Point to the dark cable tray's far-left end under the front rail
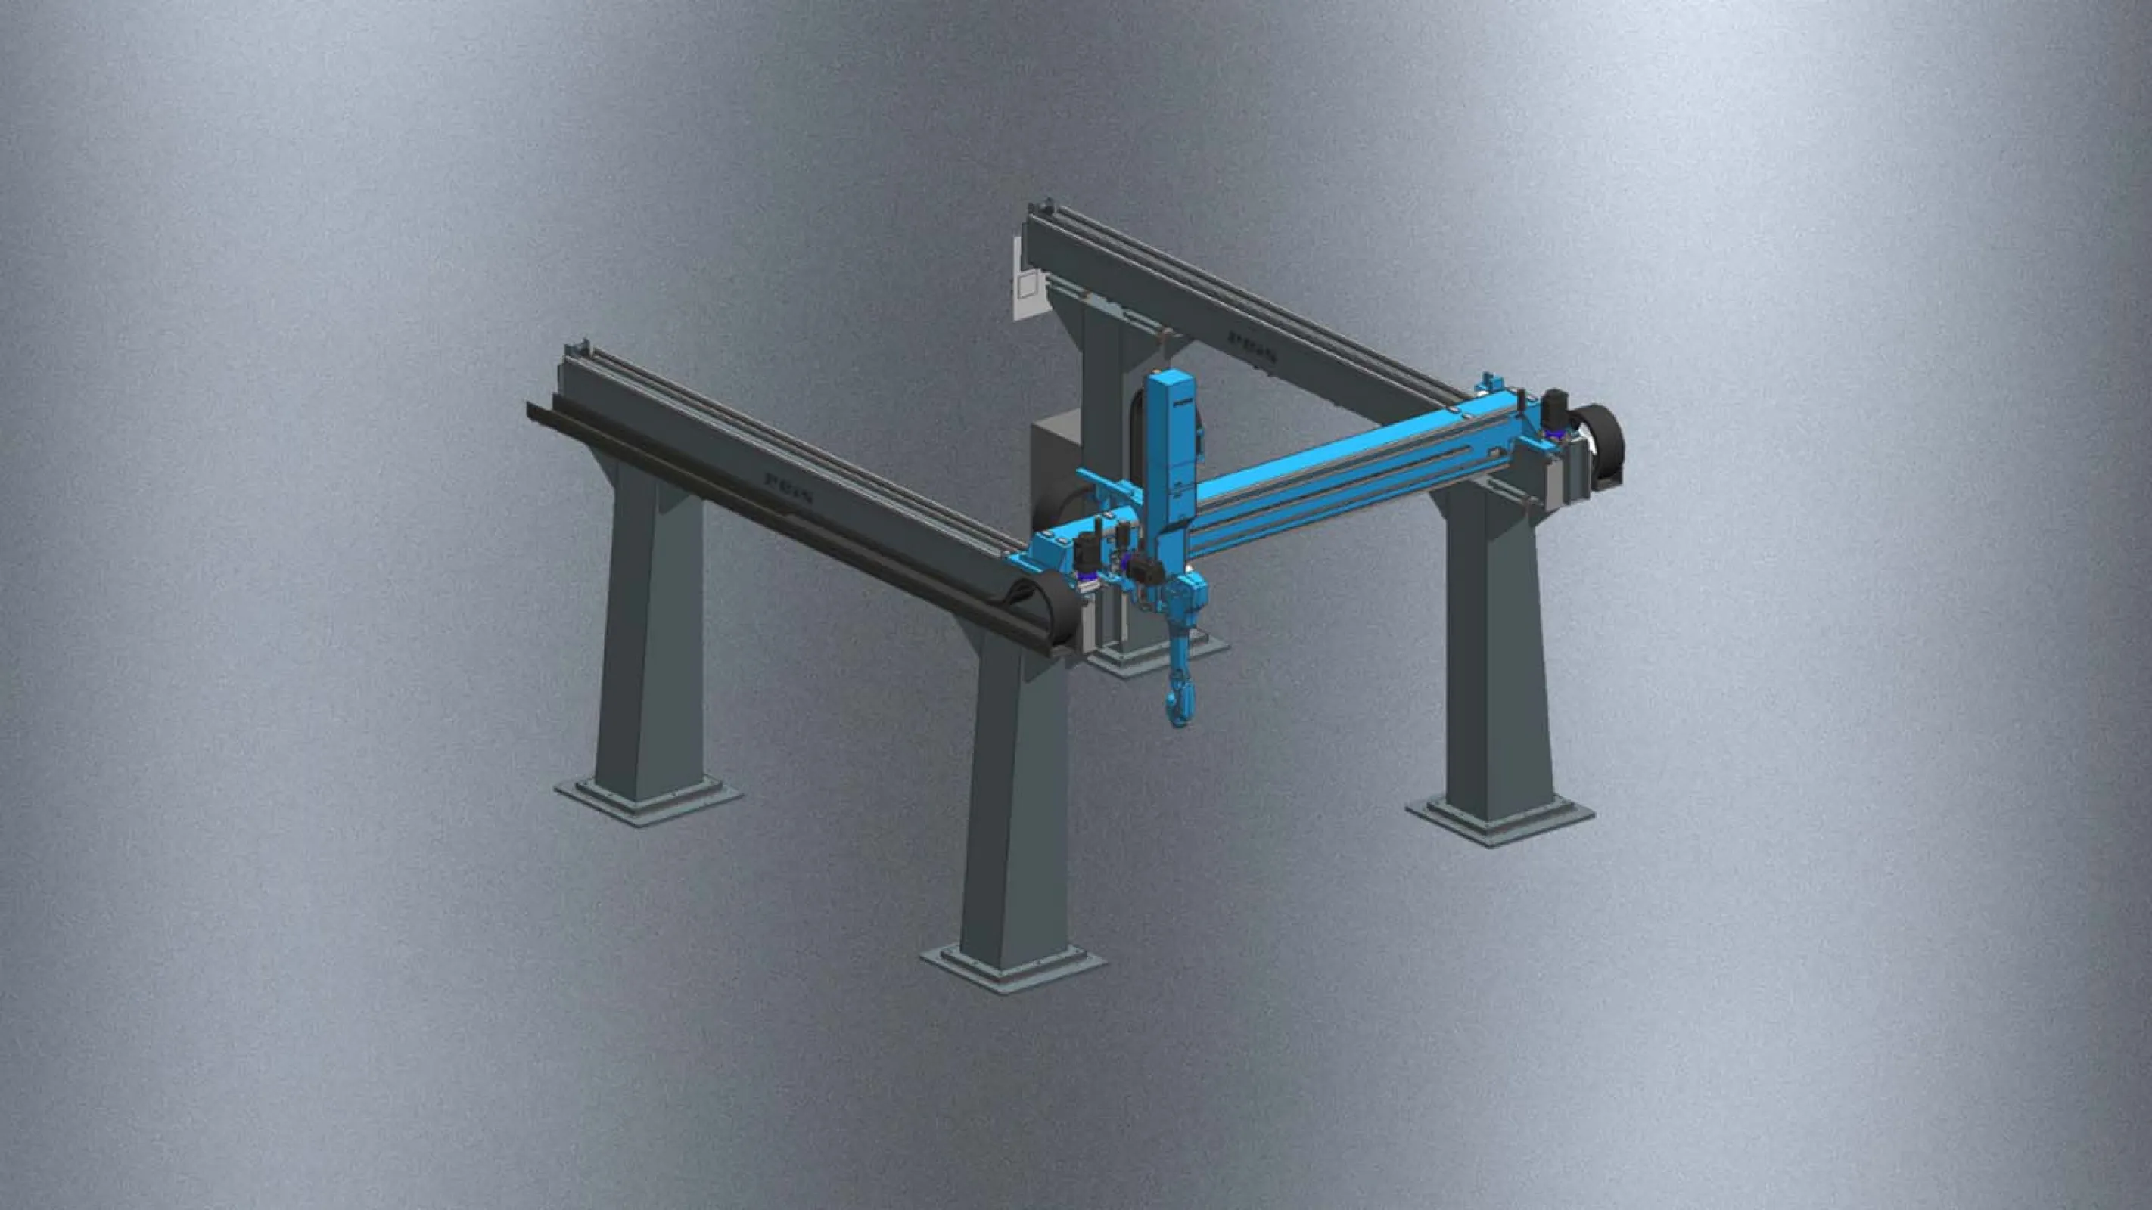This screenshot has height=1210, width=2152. pos(535,411)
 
